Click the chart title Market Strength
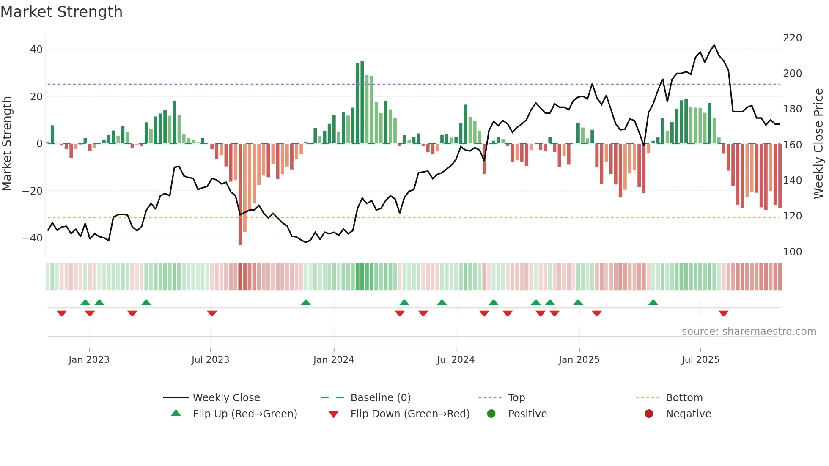pos(61,12)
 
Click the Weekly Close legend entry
pos(226,398)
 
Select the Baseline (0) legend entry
pos(380,398)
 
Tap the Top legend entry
pos(516,398)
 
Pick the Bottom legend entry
pos(684,398)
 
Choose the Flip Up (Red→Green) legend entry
pos(244,414)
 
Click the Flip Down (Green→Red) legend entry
pos(409,414)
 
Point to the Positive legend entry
pos(527,414)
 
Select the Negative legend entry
pos(688,414)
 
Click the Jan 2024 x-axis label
pos(333,360)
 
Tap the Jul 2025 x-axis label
pos(700,360)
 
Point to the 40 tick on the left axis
pos(36,49)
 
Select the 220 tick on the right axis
pos(792,38)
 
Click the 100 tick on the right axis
pos(792,252)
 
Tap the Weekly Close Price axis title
pos(818,144)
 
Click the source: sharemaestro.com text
pos(749,332)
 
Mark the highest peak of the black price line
pos(714,45)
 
